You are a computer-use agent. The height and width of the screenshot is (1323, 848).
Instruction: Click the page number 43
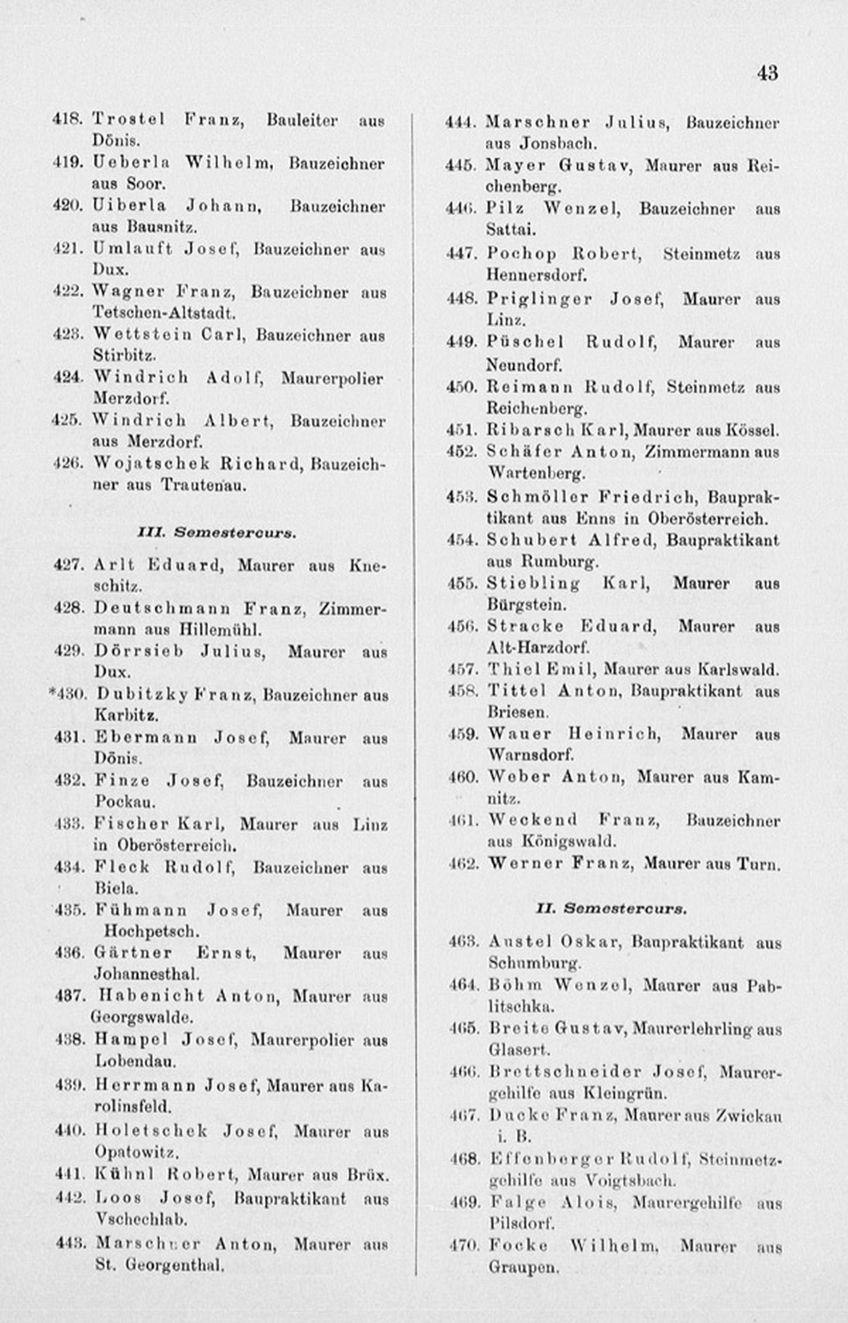(767, 73)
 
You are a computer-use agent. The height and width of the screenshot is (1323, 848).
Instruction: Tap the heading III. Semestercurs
(216, 533)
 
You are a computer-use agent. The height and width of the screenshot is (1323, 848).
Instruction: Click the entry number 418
(67, 118)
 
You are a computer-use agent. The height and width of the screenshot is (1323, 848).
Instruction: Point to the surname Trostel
(128, 118)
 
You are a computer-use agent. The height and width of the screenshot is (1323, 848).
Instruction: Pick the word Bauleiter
(302, 120)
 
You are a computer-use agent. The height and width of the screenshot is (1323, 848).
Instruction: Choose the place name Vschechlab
(141, 1219)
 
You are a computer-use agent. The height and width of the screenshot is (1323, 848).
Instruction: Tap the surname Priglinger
(539, 299)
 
